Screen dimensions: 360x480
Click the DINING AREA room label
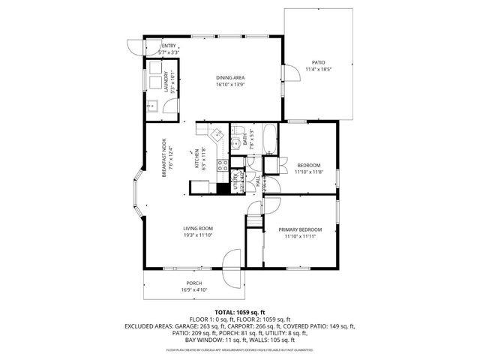[230, 78]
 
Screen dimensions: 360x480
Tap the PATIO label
[319, 62]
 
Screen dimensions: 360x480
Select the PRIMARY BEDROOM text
[300, 229]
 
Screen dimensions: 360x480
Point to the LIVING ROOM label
[199, 229]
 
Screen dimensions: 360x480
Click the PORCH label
[193, 283]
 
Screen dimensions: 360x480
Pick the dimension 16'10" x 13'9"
[230, 85]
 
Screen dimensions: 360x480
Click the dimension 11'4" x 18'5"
[319, 70]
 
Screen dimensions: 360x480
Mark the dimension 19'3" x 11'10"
[199, 235]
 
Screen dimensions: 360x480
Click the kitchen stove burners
[223, 166]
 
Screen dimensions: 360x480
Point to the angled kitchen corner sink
[216, 135]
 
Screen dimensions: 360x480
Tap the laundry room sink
[148, 105]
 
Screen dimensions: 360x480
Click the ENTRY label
[169, 46]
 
